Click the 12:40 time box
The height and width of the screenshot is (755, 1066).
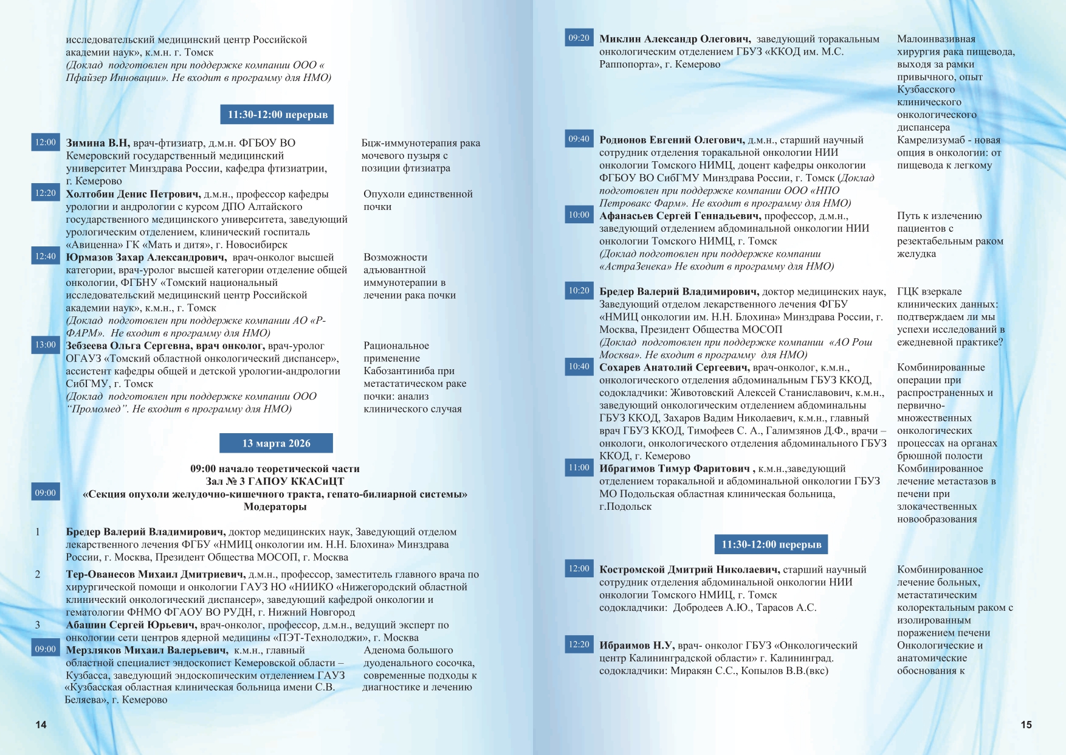[46, 256]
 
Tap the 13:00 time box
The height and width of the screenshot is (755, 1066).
[46, 344]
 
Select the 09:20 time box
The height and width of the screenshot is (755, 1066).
[579, 38]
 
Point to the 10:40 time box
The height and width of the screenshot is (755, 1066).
[579, 366]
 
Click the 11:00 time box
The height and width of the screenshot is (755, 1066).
[579, 467]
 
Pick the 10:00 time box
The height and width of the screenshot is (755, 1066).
[579, 215]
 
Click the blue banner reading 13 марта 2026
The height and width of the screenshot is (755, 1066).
[276, 443]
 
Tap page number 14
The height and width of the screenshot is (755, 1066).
[41, 724]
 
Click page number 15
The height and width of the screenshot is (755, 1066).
[1026, 724]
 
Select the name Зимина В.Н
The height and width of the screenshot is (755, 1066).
[98, 143]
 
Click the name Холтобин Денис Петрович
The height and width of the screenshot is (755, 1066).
[133, 194]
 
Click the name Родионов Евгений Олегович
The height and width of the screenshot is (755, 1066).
[672, 140]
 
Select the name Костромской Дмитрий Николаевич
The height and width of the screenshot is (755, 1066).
[689, 569]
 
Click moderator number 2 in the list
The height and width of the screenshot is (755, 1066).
[38, 574]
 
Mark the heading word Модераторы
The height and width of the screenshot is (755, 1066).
[275, 506]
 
